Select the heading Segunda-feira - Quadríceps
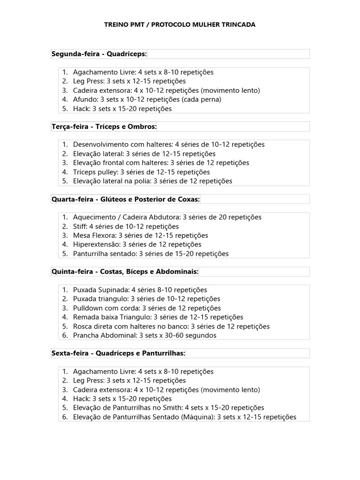(99, 54)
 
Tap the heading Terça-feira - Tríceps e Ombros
(104, 127)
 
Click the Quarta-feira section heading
(125, 199)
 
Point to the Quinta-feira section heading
(125, 272)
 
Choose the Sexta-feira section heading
(118, 353)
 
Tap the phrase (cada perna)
(202, 99)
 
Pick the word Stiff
(80, 226)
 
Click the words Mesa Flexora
(94, 235)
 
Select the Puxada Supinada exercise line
(140, 290)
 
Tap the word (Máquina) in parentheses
(197, 417)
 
